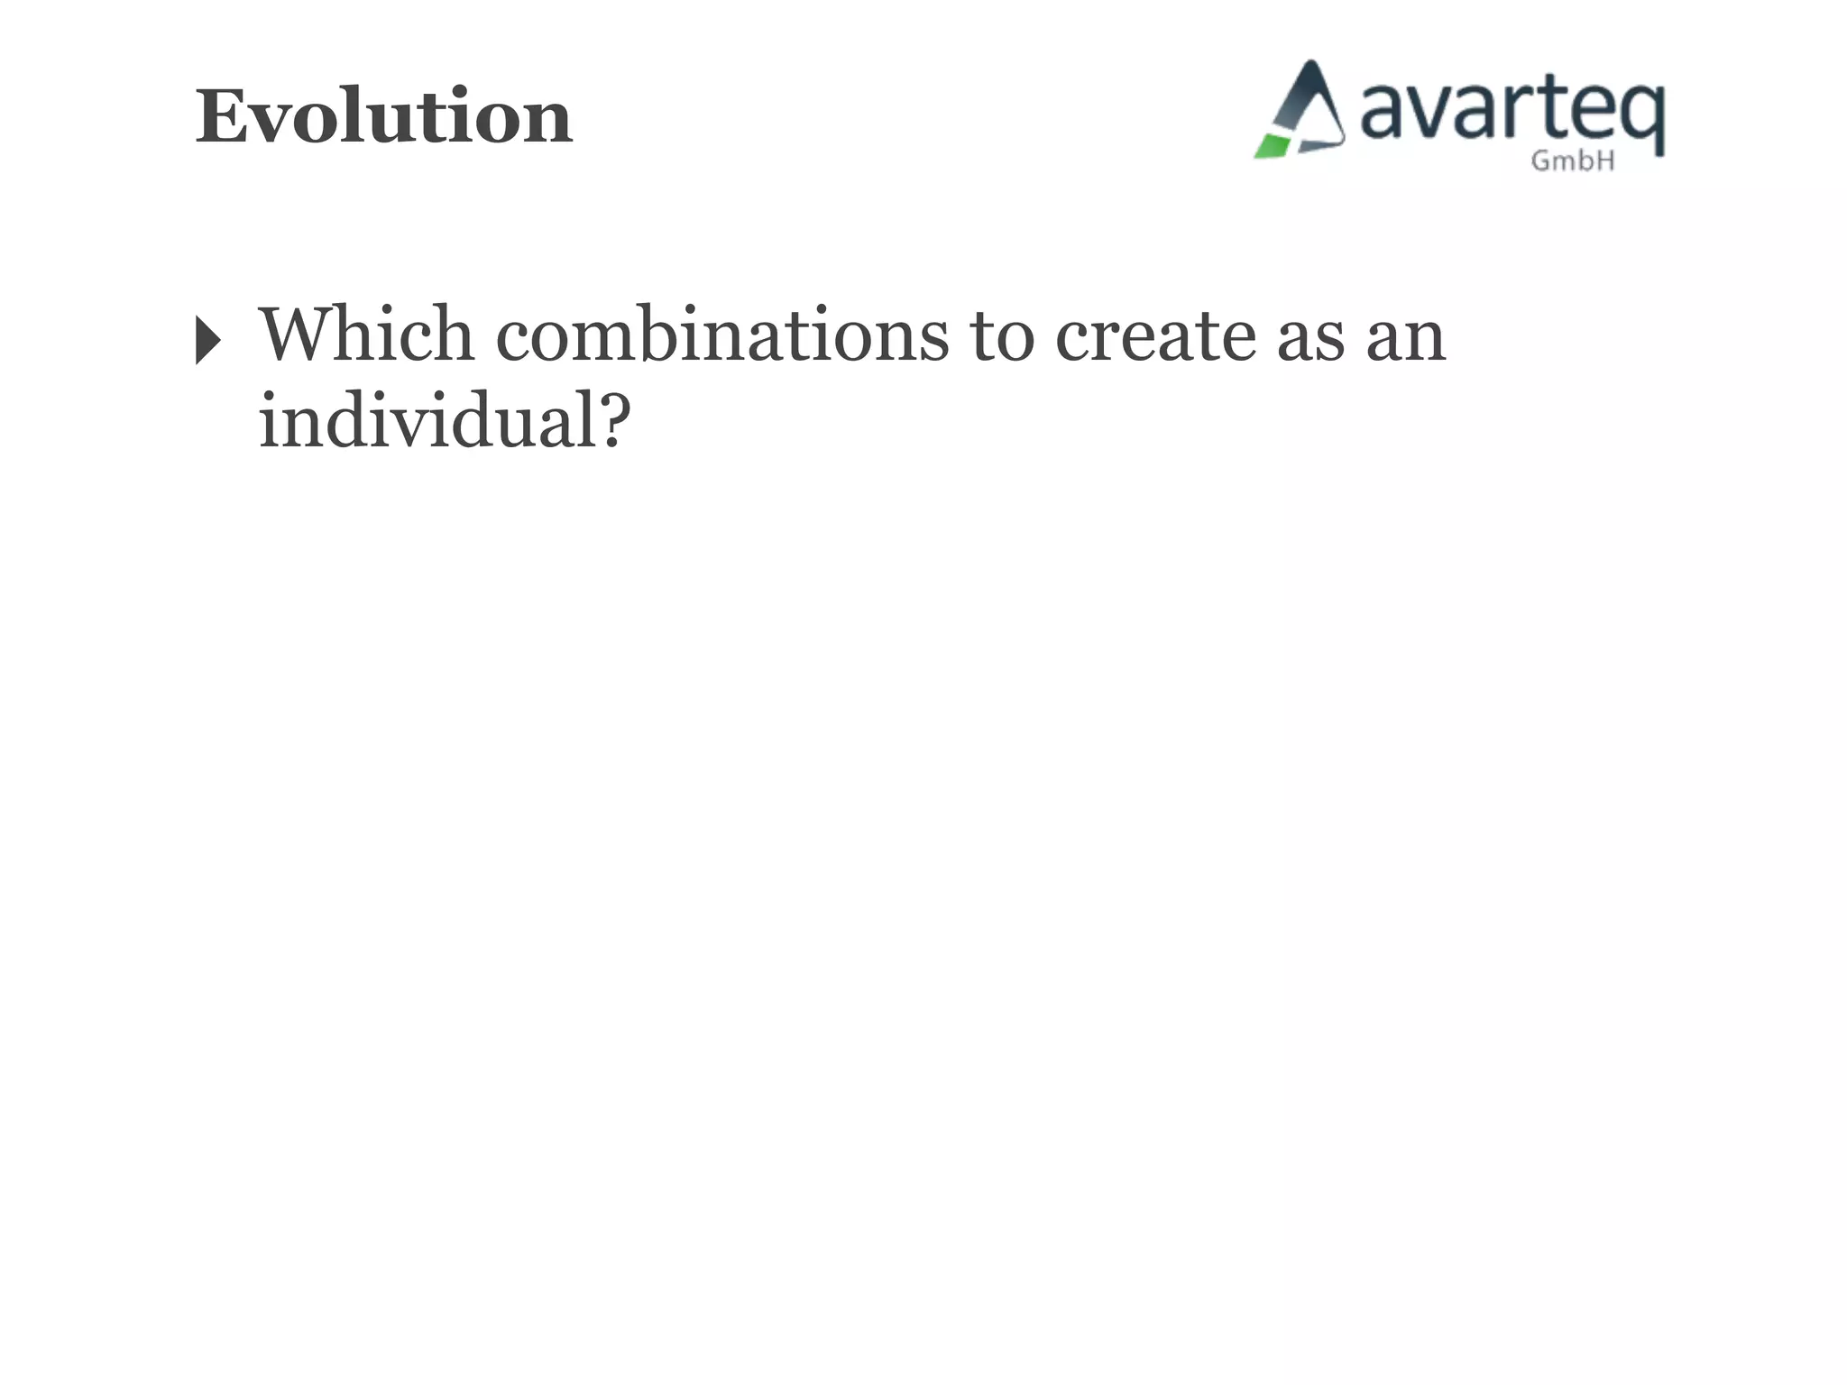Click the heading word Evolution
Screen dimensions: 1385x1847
pyautogui.click(x=383, y=116)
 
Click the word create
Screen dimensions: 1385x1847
pyautogui.click(x=1155, y=336)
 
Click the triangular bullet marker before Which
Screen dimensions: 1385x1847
pyautogui.click(x=207, y=340)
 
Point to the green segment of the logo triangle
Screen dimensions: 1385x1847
pyautogui.click(x=1273, y=146)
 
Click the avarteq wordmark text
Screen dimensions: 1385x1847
pyautogui.click(x=1512, y=114)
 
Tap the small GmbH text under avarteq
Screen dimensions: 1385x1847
pyautogui.click(x=1573, y=161)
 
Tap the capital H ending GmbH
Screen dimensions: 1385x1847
pyautogui.click(x=1604, y=161)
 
